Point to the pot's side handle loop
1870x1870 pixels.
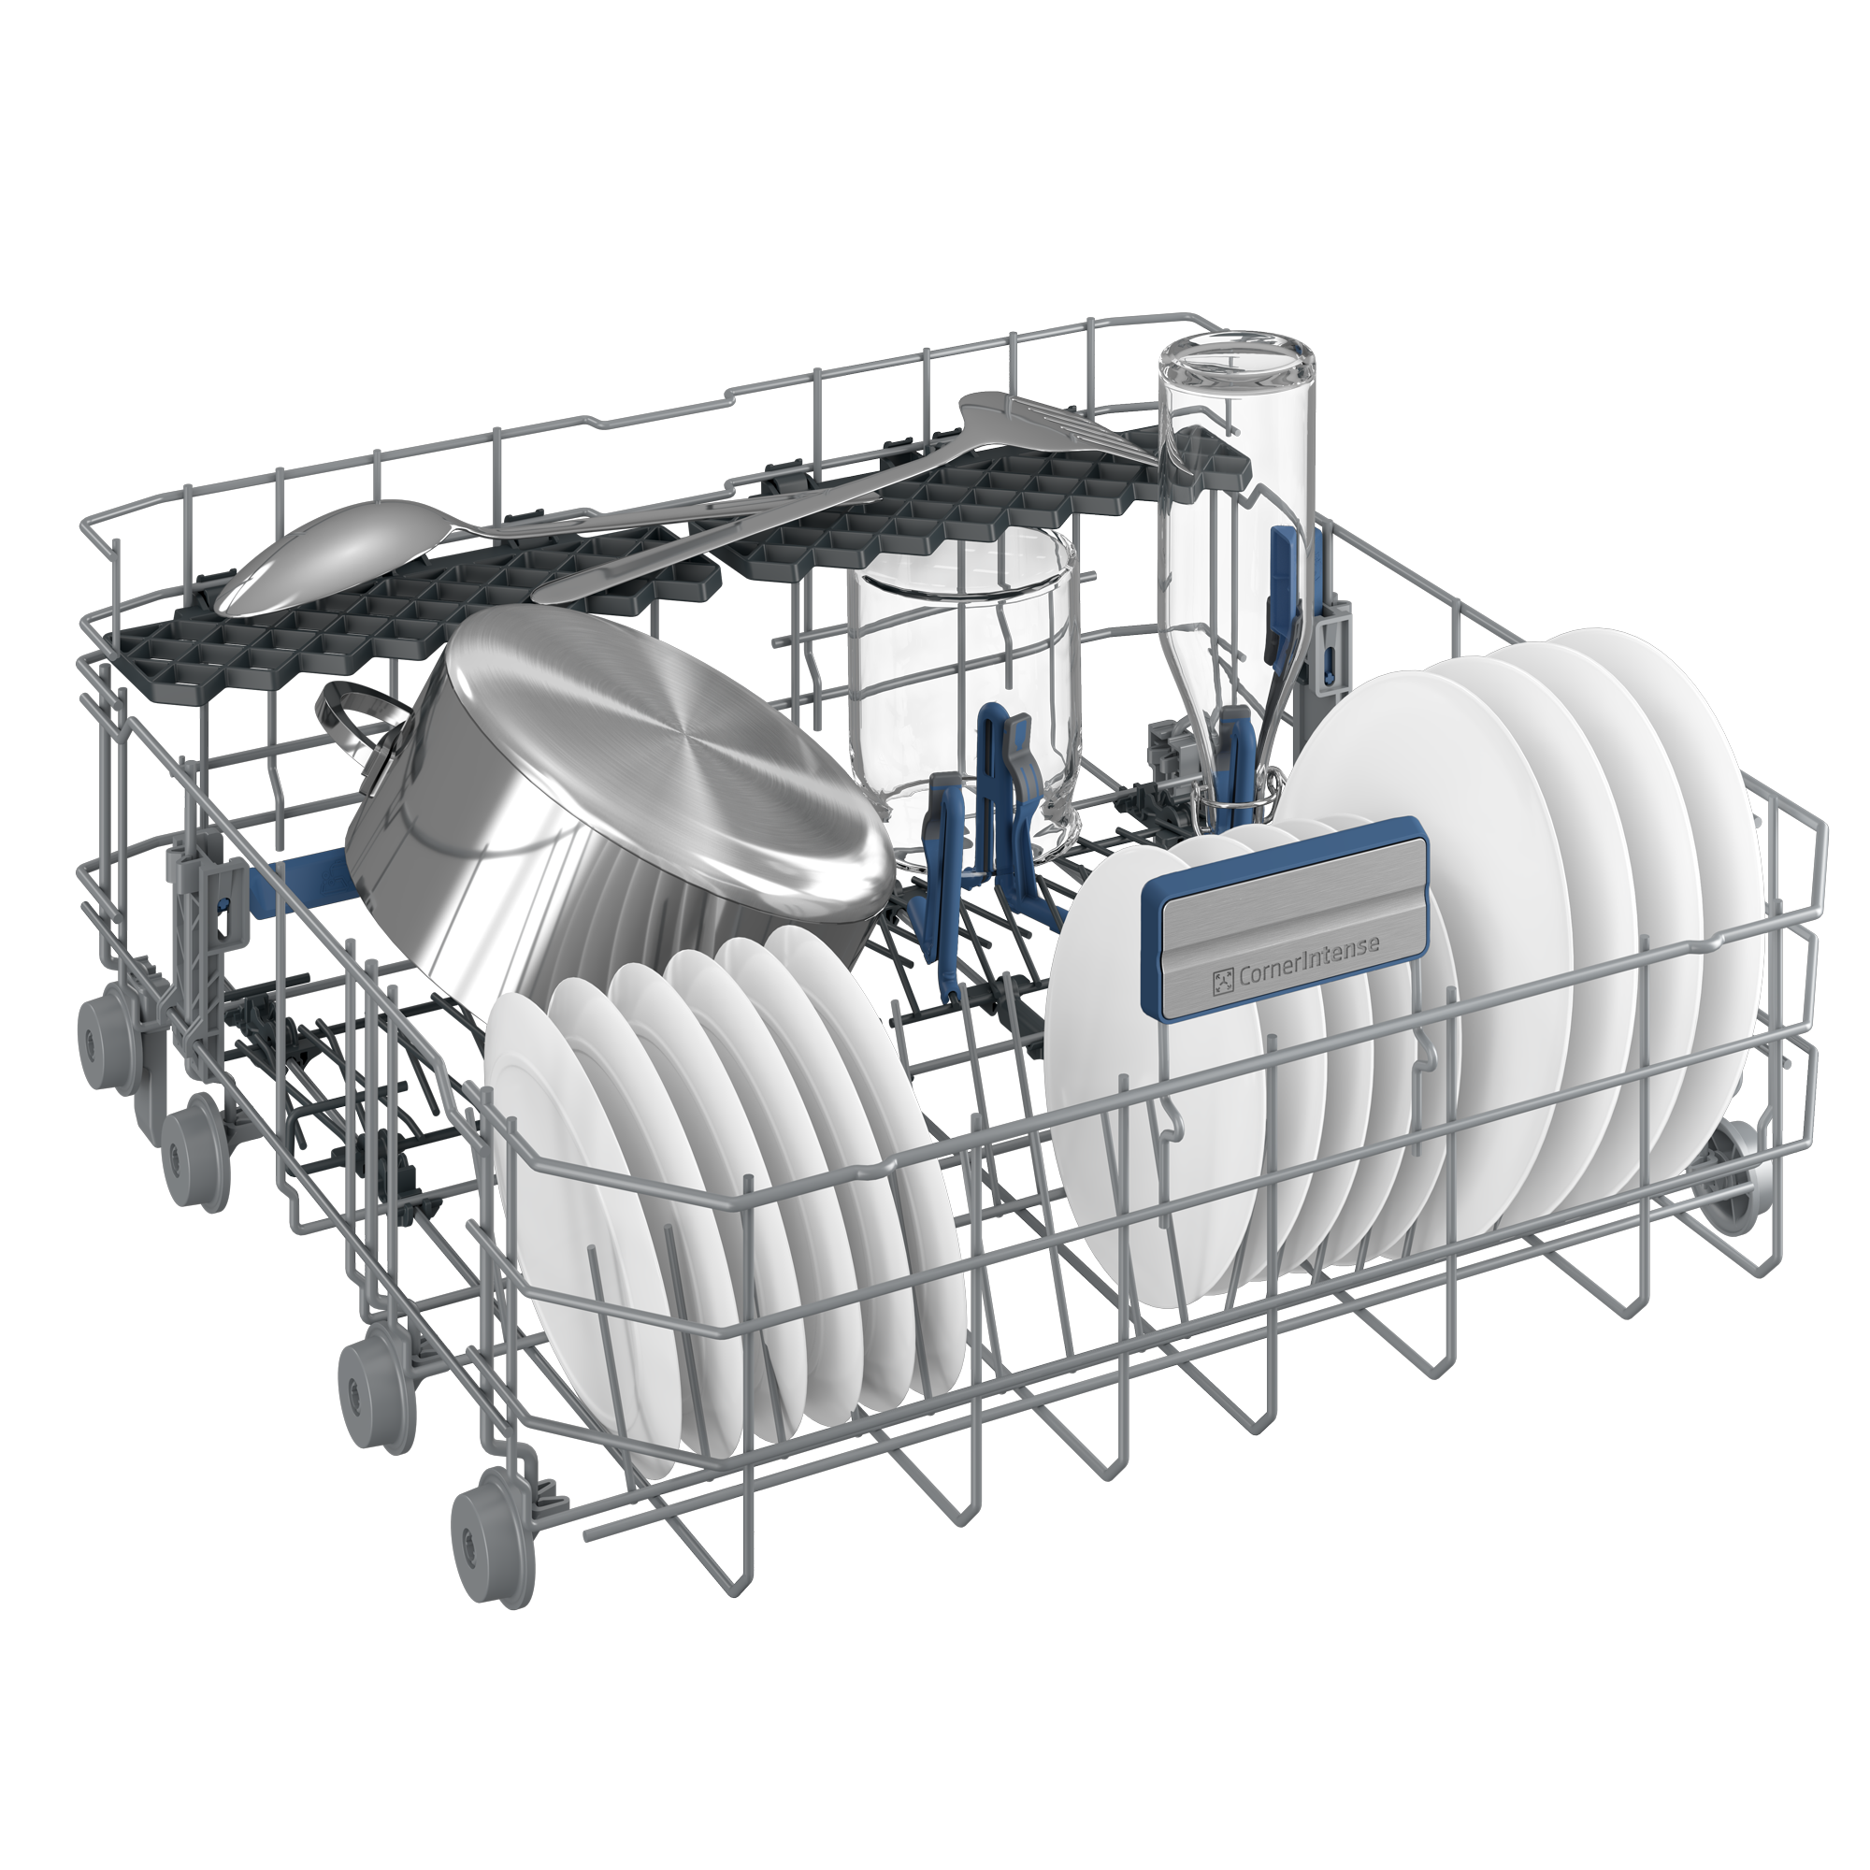point(353,716)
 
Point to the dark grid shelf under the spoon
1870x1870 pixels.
point(407,620)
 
